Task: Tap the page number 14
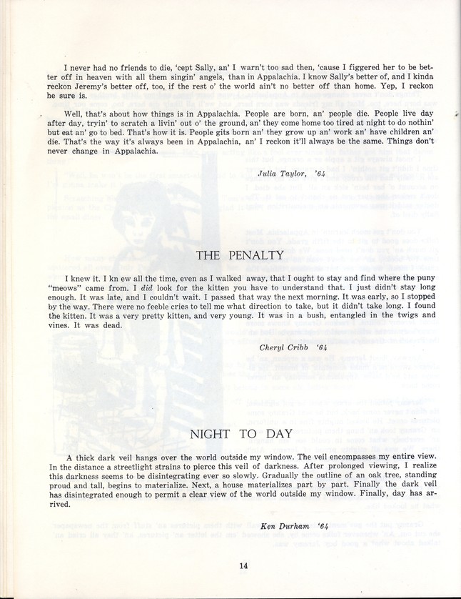pyautogui.click(x=243, y=566)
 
